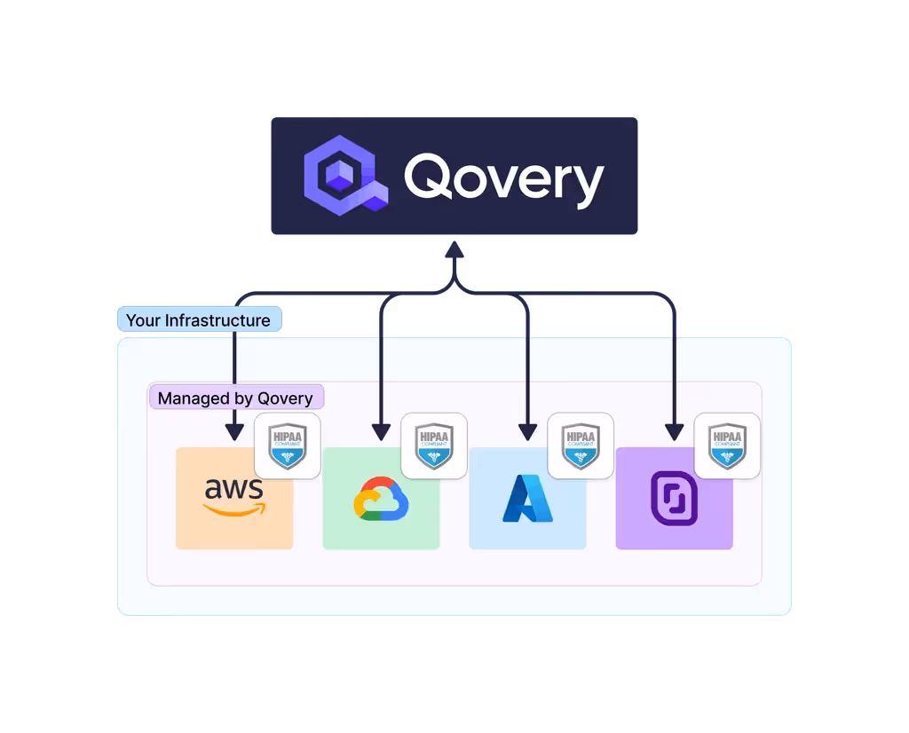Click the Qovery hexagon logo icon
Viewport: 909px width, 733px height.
tap(347, 177)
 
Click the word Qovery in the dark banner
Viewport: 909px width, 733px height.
tap(504, 178)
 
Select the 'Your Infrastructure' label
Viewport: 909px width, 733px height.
tap(199, 320)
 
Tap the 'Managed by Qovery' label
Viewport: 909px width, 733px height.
tap(235, 398)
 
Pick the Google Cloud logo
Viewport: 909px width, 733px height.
tap(381, 499)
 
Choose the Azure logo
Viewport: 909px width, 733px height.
tap(527, 499)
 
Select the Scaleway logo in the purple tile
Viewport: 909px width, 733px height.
tap(674, 499)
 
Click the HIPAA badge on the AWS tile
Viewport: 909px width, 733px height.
tap(288, 445)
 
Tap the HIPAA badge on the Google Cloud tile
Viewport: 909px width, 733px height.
tap(434, 445)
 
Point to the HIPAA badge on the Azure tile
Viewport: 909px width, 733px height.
tap(581, 445)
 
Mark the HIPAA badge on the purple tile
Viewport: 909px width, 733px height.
tap(727, 445)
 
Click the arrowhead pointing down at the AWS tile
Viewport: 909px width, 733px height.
tap(234, 432)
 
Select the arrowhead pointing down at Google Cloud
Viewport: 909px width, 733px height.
tap(381, 432)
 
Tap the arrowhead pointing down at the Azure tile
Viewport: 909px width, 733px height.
tap(527, 432)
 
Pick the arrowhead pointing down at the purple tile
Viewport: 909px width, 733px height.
tap(674, 432)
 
